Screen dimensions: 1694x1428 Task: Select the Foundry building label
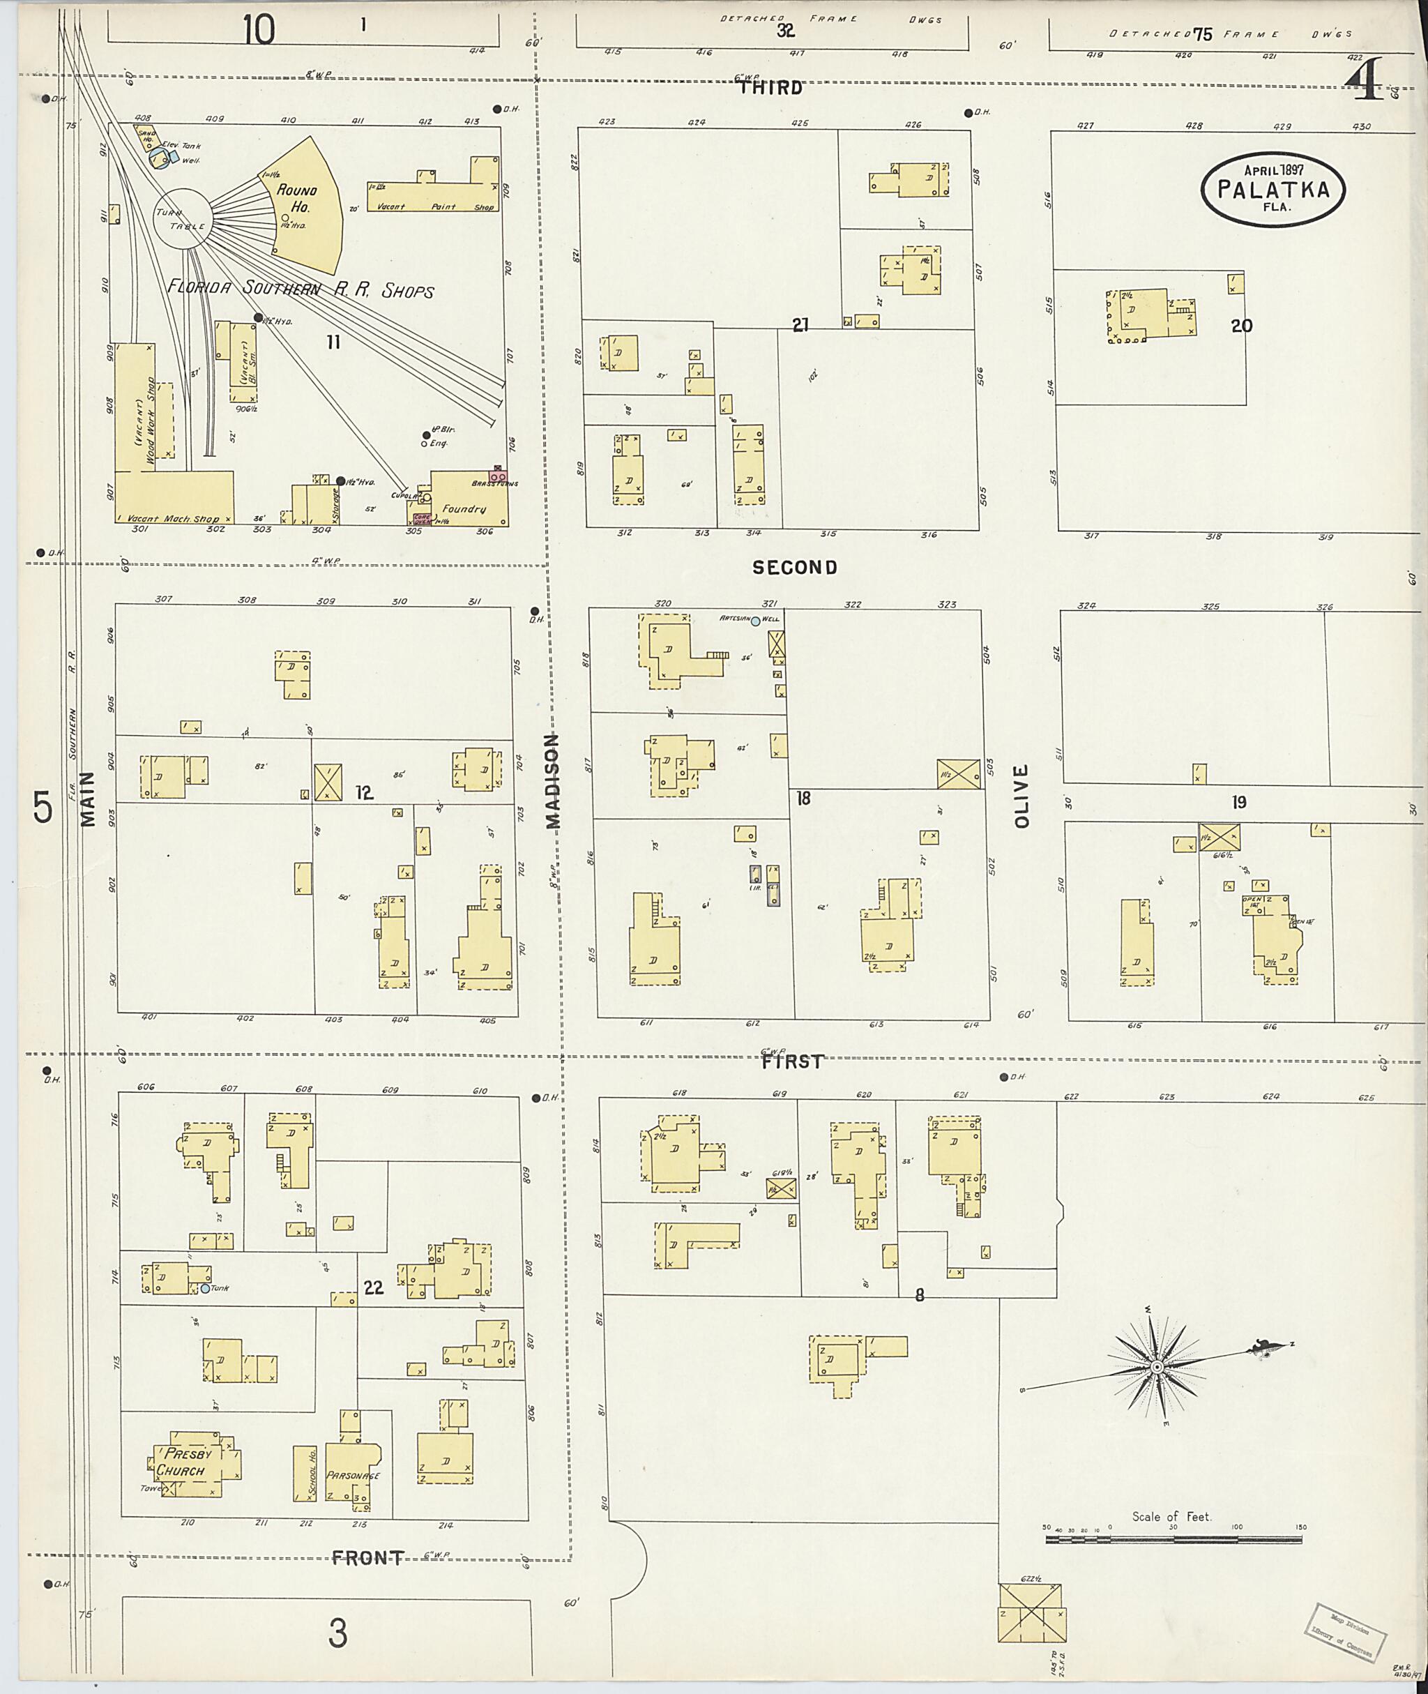(464, 508)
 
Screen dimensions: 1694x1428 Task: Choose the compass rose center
(1157, 1367)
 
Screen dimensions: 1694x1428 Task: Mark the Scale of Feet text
(1171, 1517)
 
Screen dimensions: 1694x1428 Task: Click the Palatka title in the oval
(1273, 190)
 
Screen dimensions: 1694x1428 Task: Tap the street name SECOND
(794, 568)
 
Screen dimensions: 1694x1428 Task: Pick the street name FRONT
(367, 1558)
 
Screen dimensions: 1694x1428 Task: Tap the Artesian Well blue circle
(755, 622)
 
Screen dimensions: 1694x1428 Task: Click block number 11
(333, 342)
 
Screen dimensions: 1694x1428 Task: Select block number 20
(1241, 326)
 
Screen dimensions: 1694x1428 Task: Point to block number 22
(373, 1287)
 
